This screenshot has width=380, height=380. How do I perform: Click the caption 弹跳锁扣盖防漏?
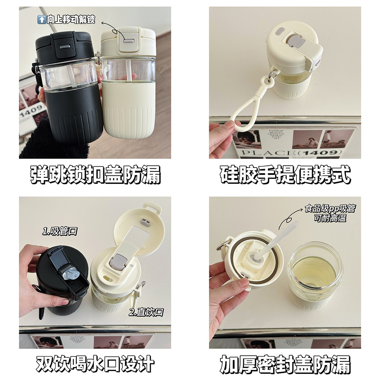tap(95, 175)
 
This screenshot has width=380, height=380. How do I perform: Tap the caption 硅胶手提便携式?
tap(285, 175)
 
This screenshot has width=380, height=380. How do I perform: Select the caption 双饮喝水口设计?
tap(95, 364)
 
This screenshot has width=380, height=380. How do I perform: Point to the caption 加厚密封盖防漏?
tap(285, 364)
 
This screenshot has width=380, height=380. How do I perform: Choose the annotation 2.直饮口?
tap(146, 312)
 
